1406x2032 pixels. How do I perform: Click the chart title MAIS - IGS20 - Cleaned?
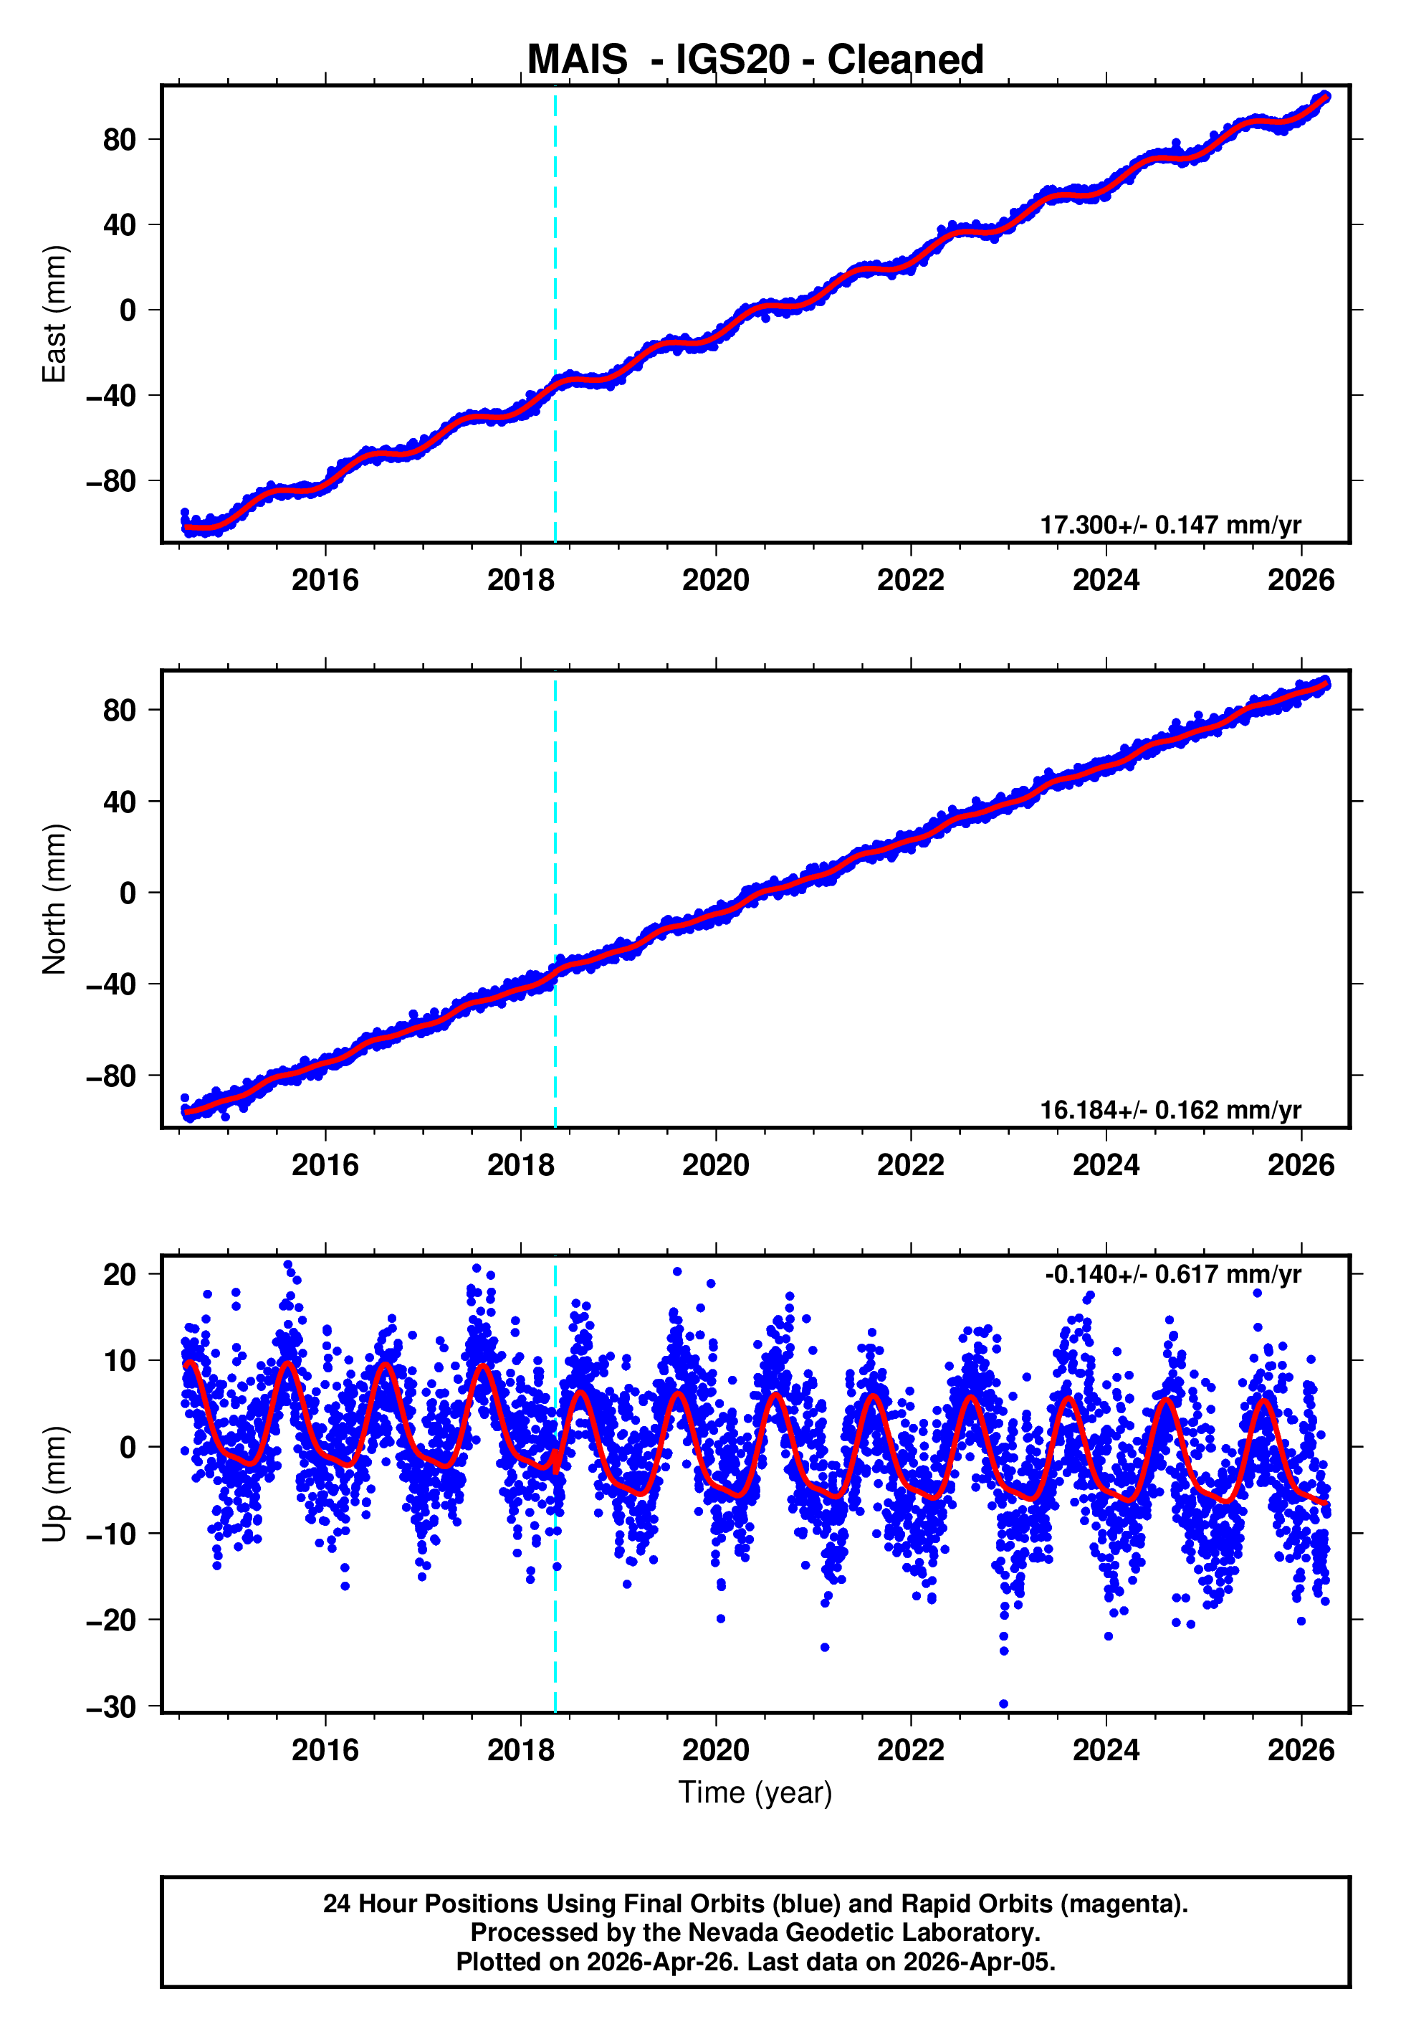755,60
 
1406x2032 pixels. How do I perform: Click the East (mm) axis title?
54,314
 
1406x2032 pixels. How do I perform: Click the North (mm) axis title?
54,899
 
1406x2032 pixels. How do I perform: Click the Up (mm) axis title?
54,1484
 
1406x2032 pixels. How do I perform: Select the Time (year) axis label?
755,1793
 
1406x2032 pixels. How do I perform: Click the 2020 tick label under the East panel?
715,581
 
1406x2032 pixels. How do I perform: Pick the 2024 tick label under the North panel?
1106,1166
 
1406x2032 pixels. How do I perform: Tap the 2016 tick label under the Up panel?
325,1750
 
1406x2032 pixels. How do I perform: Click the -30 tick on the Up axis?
111,1707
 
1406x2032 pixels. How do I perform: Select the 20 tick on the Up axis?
119,1274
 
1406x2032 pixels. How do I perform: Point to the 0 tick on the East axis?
128,310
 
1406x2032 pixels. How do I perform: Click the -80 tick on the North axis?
111,1076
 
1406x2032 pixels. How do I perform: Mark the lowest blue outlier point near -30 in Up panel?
1003,1704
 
